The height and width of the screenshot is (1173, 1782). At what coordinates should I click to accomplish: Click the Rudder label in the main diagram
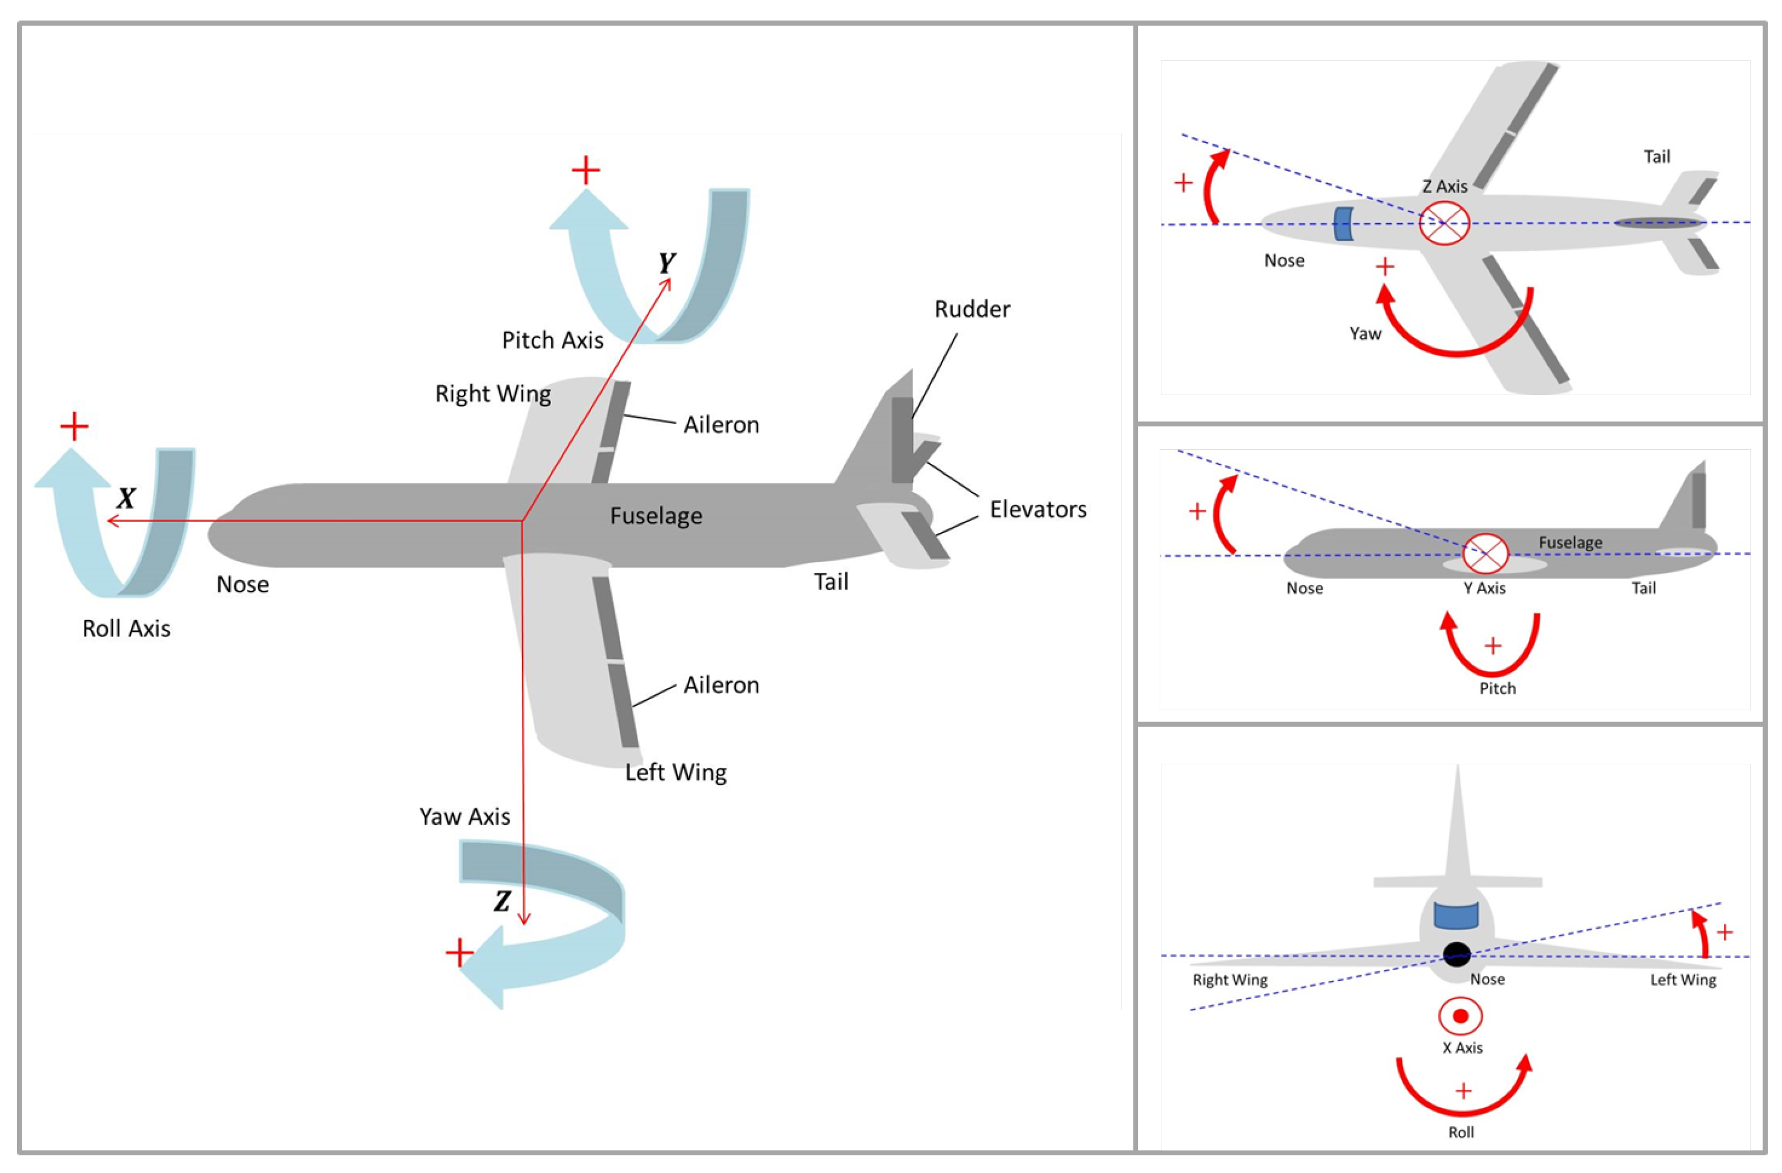click(972, 309)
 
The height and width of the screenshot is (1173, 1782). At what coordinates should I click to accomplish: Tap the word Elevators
click(1038, 510)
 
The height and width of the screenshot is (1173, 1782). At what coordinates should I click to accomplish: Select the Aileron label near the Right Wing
click(721, 425)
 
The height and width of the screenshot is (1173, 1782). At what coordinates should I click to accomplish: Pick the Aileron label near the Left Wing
click(721, 685)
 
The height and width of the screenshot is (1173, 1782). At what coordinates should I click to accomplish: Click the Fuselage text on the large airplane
click(656, 515)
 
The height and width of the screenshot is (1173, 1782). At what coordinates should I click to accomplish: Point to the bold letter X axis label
click(127, 498)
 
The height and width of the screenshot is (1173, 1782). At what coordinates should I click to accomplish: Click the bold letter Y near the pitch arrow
click(666, 263)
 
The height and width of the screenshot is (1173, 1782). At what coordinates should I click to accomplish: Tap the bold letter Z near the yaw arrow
click(503, 901)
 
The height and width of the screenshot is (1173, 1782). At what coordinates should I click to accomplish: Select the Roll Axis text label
click(126, 629)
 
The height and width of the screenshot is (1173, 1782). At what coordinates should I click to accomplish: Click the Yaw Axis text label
click(464, 816)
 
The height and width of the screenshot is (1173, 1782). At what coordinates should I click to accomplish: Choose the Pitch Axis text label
click(553, 340)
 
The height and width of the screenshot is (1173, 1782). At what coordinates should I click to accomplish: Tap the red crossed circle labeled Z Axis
click(1444, 223)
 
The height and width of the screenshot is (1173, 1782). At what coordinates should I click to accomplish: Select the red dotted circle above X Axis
click(1460, 1016)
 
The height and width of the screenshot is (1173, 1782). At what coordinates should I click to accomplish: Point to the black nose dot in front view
click(1456, 954)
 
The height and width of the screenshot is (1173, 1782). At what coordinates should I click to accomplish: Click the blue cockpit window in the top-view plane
click(1344, 224)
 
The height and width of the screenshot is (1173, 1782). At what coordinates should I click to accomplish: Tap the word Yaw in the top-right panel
click(1365, 334)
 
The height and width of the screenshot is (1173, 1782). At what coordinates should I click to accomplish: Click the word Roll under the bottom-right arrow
click(1461, 1133)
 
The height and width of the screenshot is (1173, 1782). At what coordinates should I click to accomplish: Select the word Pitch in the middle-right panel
click(1498, 689)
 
